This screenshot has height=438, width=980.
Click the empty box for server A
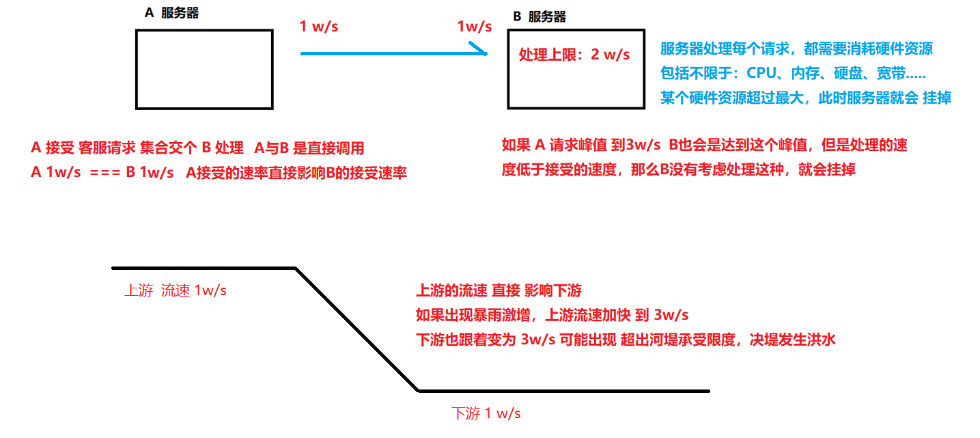[204, 69]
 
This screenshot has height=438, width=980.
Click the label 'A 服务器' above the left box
[172, 13]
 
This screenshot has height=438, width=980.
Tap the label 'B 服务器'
[539, 17]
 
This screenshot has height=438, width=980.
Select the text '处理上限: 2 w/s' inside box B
[574, 55]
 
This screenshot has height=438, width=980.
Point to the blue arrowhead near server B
[481, 50]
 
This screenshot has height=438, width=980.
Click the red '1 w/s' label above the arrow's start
[319, 27]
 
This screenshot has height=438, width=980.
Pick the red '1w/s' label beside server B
[475, 27]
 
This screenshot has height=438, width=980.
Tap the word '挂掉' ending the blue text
[937, 98]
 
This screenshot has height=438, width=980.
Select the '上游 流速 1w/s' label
[176, 290]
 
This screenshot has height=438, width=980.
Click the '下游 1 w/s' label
[486, 413]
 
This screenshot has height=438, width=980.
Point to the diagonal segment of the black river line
[356, 329]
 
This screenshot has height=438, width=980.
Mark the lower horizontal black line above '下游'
[563, 391]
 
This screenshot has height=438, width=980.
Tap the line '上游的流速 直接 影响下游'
[499, 291]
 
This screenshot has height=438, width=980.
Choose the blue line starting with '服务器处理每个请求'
[796, 49]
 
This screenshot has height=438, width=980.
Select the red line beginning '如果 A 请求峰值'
[704, 145]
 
